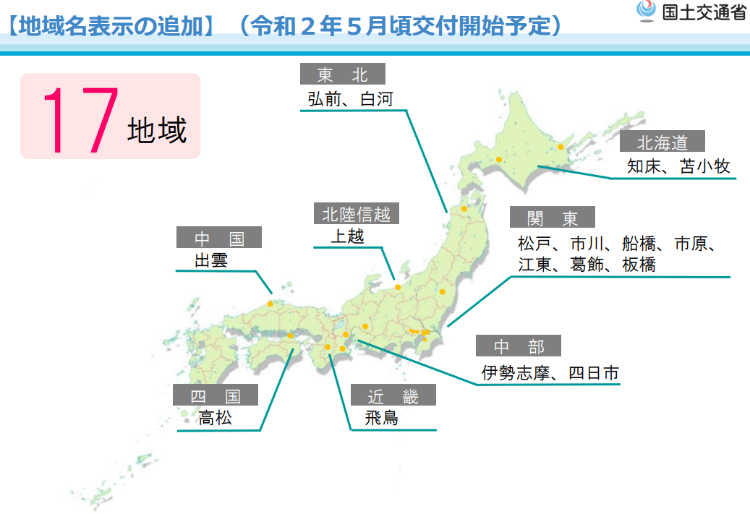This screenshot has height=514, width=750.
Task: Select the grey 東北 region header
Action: (343, 74)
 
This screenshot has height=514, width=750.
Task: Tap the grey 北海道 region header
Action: (661, 142)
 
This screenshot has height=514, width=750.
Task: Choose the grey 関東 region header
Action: (553, 218)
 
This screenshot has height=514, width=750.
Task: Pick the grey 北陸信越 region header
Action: (356, 214)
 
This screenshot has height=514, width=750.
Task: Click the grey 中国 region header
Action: (218, 238)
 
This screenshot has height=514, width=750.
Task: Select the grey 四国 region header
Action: (215, 395)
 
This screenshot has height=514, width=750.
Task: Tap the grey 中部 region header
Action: (518, 346)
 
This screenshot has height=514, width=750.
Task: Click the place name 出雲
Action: (211, 260)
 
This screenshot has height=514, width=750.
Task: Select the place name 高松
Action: (216, 417)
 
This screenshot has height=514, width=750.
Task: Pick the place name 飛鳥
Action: (382, 418)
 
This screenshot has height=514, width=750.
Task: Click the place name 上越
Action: (348, 236)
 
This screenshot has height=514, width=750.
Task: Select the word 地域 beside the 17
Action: (157, 131)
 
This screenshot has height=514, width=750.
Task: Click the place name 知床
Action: (644, 166)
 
